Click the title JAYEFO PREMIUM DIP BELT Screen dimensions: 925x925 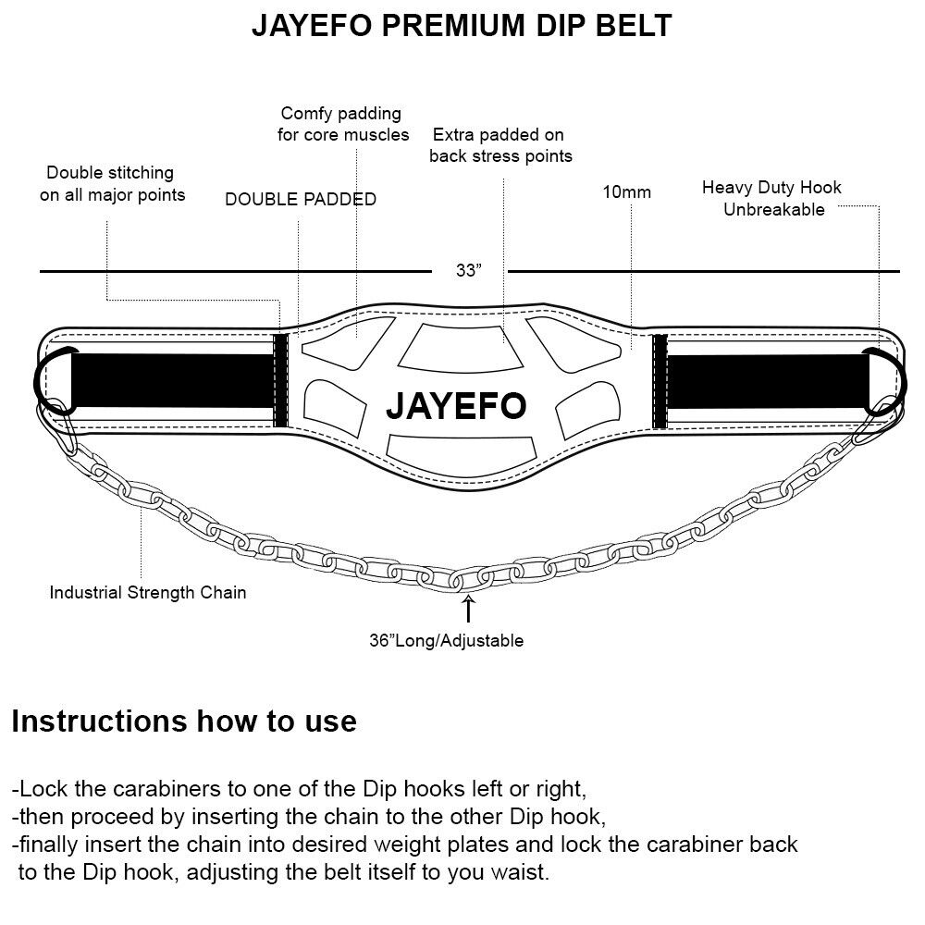462,25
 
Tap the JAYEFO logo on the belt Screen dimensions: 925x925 456,405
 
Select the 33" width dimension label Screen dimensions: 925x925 469,271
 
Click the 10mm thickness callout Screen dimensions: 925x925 627,192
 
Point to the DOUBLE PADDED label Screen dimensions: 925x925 301,199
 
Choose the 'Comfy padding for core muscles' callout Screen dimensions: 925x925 343,124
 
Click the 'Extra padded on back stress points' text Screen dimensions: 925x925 500,145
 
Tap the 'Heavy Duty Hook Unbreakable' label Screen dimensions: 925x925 771,198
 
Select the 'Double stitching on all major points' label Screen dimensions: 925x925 111,183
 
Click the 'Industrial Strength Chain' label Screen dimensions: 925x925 148,592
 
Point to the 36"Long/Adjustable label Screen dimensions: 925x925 446,640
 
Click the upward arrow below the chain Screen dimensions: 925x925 469,609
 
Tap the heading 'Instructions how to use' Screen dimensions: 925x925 184,721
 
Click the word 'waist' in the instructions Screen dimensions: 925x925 523,872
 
